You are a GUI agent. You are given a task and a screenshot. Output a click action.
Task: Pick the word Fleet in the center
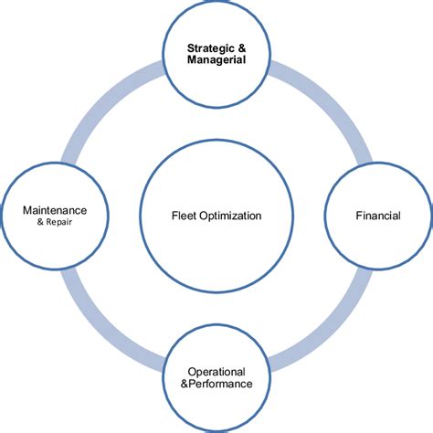click(185, 216)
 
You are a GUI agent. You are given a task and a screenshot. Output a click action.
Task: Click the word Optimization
click(232, 216)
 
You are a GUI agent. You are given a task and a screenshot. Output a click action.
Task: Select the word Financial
click(378, 216)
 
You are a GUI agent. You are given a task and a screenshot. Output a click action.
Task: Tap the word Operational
click(216, 372)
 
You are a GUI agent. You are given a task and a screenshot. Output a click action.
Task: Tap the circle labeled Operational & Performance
click(216, 402)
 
